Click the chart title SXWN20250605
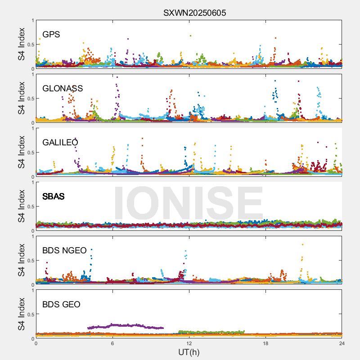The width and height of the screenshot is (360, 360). coord(194,13)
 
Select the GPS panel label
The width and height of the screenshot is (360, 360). coord(51,35)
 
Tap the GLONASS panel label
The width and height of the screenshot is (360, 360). coord(63,89)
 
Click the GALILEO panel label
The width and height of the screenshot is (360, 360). coord(60,143)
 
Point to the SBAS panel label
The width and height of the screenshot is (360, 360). coord(54,197)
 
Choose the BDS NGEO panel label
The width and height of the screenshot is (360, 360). coord(64,251)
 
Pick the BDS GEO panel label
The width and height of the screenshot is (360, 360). coord(61,305)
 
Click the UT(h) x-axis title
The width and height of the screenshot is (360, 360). coord(189,352)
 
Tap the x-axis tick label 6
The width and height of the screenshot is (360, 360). coord(112,343)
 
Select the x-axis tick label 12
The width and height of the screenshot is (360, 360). coord(189,343)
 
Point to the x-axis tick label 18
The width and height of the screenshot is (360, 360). coord(265,343)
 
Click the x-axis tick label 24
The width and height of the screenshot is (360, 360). coord(342,343)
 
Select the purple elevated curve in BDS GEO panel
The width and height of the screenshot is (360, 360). coord(126,325)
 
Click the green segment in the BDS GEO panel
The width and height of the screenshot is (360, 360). coord(211,333)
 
